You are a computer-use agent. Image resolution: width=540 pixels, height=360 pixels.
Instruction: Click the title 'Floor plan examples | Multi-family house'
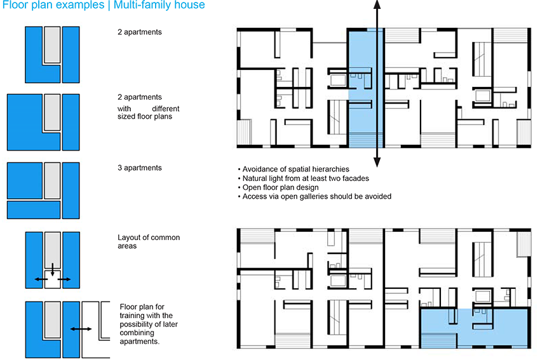[x=104, y=5]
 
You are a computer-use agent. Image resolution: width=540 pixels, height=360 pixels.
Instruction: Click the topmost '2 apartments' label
[x=140, y=32]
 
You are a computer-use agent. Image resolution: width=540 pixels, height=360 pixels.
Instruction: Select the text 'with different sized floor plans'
[x=149, y=112]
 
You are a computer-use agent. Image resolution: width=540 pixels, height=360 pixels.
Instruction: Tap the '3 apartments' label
[x=140, y=168]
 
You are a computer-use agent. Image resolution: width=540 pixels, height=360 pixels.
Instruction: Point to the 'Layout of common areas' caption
[x=149, y=242]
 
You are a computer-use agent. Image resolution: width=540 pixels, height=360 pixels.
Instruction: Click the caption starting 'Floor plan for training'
[x=149, y=324]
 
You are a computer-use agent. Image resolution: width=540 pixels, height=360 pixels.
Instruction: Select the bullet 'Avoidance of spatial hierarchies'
[x=294, y=170]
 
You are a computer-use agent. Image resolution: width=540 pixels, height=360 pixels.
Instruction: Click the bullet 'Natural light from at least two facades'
[x=304, y=178]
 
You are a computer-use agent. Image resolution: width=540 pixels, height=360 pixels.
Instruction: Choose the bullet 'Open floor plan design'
[x=278, y=187]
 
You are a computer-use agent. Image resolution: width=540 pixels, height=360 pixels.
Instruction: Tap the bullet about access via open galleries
[x=314, y=197]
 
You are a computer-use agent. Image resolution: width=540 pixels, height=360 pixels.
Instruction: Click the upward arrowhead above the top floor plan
[x=377, y=5]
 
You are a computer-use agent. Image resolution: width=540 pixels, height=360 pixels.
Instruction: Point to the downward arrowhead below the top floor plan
[x=377, y=162]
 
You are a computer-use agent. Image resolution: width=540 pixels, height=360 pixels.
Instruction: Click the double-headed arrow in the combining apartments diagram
[x=81, y=329]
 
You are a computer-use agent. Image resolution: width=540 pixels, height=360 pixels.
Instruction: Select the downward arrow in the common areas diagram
[x=52, y=270]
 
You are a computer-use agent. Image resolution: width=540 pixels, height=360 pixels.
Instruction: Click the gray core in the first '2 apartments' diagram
[x=52, y=44]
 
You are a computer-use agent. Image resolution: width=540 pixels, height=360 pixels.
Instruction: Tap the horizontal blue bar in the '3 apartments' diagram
[x=34, y=210]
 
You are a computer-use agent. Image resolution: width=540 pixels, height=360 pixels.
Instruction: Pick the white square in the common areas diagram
[x=52, y=279]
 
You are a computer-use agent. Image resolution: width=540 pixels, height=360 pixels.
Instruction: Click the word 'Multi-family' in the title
[x=137, y=5]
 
